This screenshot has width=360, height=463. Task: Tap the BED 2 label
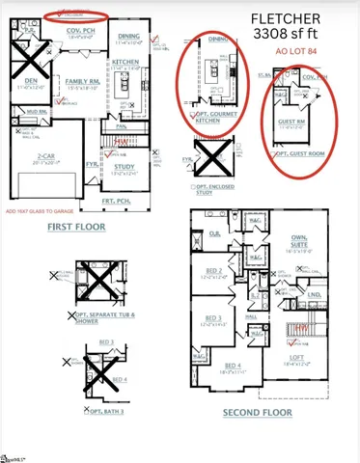(214, 272)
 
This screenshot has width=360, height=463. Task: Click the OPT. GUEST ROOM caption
(300, 154)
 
